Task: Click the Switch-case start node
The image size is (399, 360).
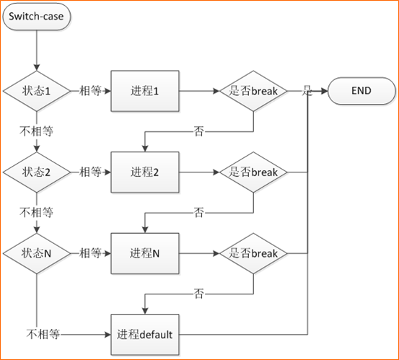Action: [x=37, y=17]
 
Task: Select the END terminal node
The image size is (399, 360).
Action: [x=361, y=91]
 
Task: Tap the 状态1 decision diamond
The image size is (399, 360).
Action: [x=37, y=91]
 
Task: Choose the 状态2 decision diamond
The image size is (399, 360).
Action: [x=37, y=172]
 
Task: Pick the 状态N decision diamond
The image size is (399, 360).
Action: [x=37, y=253]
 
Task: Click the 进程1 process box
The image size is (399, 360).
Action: [x=145, y=91]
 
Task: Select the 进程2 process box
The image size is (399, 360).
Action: [x=145, y=172]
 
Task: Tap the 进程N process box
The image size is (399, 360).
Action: [x=145, y=253]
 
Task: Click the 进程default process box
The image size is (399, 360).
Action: [x=145, y=335]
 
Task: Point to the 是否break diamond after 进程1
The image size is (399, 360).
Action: [x=253, y=91]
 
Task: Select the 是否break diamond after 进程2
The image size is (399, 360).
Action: [x=253, y=172]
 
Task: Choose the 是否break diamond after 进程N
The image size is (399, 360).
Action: [x=253, y=253]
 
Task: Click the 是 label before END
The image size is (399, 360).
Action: [x=307, y=91]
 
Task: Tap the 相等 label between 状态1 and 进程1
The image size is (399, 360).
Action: [x=91, y=91]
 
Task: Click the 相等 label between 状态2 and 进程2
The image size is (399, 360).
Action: [x=91, y=172]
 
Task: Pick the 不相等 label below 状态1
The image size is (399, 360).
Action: [x=37, y=131]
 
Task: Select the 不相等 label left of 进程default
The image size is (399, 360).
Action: [x=43, y=334]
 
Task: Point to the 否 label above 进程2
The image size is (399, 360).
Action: [x=199, y=131]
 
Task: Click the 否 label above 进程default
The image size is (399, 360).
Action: [x=199, y=294]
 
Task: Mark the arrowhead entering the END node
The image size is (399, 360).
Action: [x=325, y=91]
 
